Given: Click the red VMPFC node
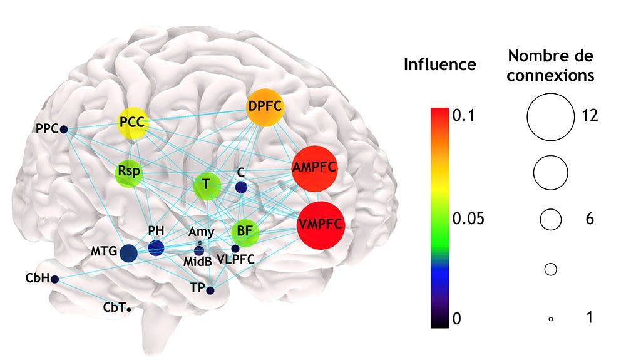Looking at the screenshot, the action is click(x=321, y=225).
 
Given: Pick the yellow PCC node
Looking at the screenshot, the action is click(x=133, y=123).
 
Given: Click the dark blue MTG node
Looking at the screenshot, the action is click(x=128, y=253).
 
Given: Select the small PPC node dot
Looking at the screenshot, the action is click(x=64, y=130).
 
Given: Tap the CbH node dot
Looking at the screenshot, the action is click(x=55, y=279).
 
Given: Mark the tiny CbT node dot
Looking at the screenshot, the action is click(x=128, y=309).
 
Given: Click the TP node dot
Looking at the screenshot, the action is click(x=210, y=291).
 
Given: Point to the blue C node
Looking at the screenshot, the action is click(x=240, y=187).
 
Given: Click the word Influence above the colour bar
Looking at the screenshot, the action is click(x=440, y=64).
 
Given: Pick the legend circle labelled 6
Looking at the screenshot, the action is click(x=550, y=219).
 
